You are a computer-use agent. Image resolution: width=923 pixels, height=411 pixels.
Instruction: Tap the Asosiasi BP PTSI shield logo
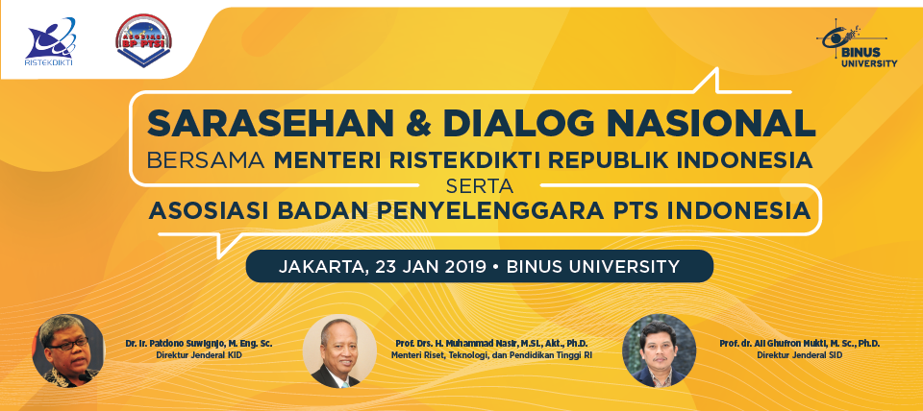144,40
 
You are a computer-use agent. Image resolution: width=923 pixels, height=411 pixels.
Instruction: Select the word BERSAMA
206,160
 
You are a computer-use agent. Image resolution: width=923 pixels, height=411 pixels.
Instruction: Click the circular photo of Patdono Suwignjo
68,351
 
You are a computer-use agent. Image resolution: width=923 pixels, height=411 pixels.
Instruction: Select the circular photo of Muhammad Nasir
339,351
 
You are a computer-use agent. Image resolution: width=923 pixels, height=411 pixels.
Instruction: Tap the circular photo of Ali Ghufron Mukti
659,351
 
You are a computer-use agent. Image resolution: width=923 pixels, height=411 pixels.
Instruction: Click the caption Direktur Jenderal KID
199,355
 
